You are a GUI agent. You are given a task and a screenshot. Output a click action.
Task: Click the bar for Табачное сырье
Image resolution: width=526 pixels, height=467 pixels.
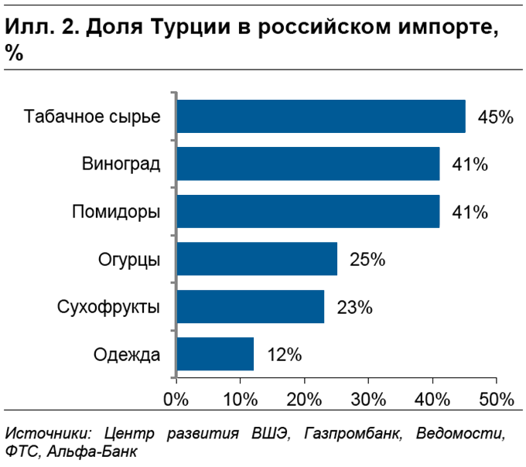click(x=321, y=117)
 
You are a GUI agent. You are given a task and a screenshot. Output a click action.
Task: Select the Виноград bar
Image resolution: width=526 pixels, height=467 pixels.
click(x=308, y=164)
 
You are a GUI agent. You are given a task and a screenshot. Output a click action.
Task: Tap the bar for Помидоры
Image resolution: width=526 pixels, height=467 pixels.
click(x=308, y=211)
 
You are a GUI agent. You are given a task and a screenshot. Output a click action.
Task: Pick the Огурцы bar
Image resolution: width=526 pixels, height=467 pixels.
click(x=257, y=259)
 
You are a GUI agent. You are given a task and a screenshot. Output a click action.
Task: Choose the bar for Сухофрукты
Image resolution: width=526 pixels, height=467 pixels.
click(x=251, y=306)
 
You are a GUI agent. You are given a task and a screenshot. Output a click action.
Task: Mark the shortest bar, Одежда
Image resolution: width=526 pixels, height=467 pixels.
click(x=215, y=354)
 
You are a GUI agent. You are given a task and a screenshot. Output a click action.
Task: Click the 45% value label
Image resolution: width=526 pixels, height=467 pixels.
click(x=496, y=118)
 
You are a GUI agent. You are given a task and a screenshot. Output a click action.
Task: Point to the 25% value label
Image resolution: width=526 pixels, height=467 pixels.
click(x=367, y=260)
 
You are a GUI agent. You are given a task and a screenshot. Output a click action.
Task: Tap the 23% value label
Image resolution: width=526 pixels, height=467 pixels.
click(x=355, y=307)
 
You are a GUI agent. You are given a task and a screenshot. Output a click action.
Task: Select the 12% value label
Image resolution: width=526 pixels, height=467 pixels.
click(x=284, y=355)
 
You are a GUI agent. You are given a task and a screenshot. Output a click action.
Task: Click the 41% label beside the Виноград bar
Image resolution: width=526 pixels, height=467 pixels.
click(x=470, y=165)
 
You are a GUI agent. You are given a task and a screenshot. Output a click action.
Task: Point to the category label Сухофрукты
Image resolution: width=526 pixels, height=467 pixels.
click(x=109, y=307)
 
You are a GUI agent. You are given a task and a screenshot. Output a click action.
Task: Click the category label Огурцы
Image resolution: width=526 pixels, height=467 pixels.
click(x=130, y=260)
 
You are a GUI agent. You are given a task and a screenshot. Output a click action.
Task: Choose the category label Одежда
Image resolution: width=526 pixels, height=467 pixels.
click(x=127, y=355)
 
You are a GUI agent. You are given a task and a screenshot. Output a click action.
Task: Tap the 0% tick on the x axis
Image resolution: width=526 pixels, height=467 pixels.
click(x=177, y=400)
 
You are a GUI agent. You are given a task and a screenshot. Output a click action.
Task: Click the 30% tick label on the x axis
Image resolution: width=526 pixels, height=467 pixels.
click(x=368, y=400)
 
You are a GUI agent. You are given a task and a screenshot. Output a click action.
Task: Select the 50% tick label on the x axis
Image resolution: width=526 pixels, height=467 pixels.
click(x=496, y=400)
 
